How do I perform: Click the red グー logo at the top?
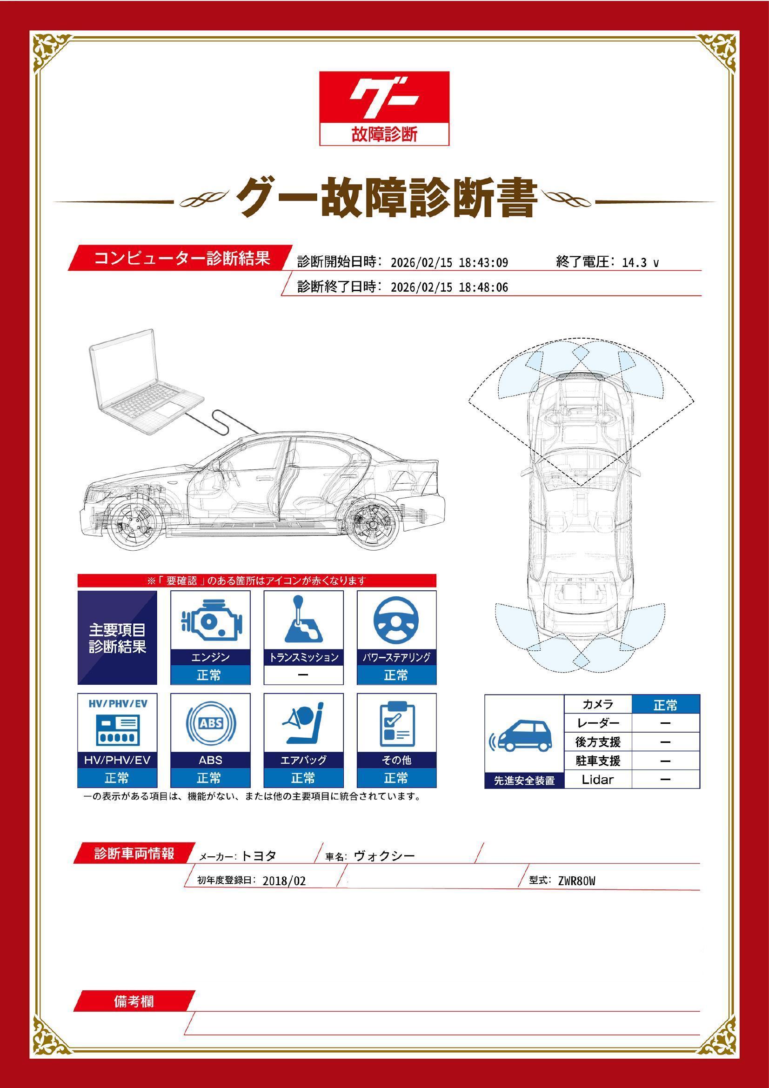click(x=384, y=108)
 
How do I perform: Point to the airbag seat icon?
click(x=303, y=724)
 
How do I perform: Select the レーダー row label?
click(x=598, y=723)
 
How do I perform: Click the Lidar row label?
click(x=597, y=780)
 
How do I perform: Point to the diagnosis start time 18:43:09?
click(x=483, y=262)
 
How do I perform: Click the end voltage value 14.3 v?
click(x=640, y=262)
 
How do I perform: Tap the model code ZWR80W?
click(x=576, y=881)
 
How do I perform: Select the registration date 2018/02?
click(x=284, y=881)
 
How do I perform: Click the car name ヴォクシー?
click(x=384, y=856)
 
